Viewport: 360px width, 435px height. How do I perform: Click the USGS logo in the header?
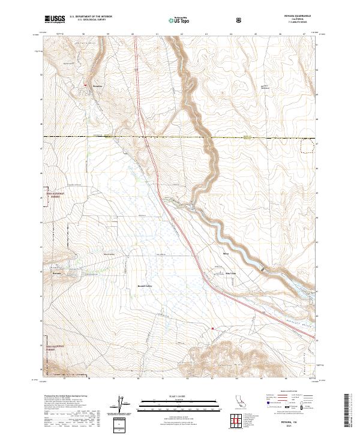pyautogui.click(x=55, y=19)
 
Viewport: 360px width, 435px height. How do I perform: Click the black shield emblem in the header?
pyautogui.click(x=240, y=20)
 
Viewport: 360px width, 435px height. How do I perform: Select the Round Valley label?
pyautogui.click(x=146, y=286)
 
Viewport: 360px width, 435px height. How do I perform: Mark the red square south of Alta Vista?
pyautogui.click(x=212, y=328)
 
